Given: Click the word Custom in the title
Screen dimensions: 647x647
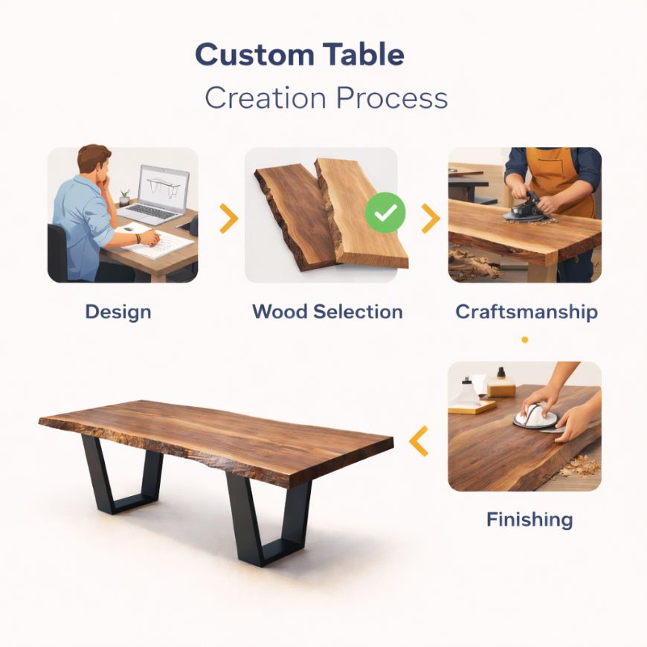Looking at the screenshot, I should tap(243, 56).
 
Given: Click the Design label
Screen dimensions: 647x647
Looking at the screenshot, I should tap(118, 311).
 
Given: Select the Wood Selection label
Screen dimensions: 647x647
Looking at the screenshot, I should tap(327, 311).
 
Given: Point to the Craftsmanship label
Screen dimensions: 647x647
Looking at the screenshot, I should tap(527, 311).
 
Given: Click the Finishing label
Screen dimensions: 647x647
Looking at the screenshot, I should tap(529, 518).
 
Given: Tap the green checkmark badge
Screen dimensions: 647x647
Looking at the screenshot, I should tap(385, 214).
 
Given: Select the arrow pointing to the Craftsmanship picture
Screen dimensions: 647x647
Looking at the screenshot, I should tap(430, 218).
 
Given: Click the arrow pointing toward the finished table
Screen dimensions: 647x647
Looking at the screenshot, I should tap(419, 441).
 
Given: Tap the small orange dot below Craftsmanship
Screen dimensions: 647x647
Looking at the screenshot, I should tap(525, 340).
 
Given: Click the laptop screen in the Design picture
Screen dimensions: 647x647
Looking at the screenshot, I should tap(164, 185).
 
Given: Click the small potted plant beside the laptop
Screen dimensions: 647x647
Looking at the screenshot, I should tap(124, 196).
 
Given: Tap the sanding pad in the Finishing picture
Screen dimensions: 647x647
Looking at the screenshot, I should tap(535, 416).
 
